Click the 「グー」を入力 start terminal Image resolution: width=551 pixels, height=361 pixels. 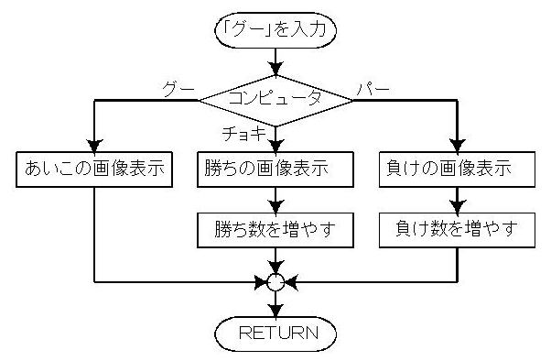[275, 29]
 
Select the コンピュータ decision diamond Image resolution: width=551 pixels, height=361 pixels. [275, 96]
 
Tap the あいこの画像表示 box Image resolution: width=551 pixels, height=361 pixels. [94, 170]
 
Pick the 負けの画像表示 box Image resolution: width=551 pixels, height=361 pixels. [457, 170]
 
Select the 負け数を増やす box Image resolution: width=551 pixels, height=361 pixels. [457, 229]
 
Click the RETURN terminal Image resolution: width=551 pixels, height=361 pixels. [275, 332]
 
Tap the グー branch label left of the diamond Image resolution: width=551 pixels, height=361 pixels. [178, 88]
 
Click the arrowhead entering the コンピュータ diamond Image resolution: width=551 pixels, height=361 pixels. [275, 71]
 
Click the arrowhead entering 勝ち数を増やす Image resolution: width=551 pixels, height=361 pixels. [275, 207]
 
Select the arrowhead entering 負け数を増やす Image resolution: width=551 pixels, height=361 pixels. [457, 207]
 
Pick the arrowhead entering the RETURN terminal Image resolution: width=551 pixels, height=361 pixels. [275, 309]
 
